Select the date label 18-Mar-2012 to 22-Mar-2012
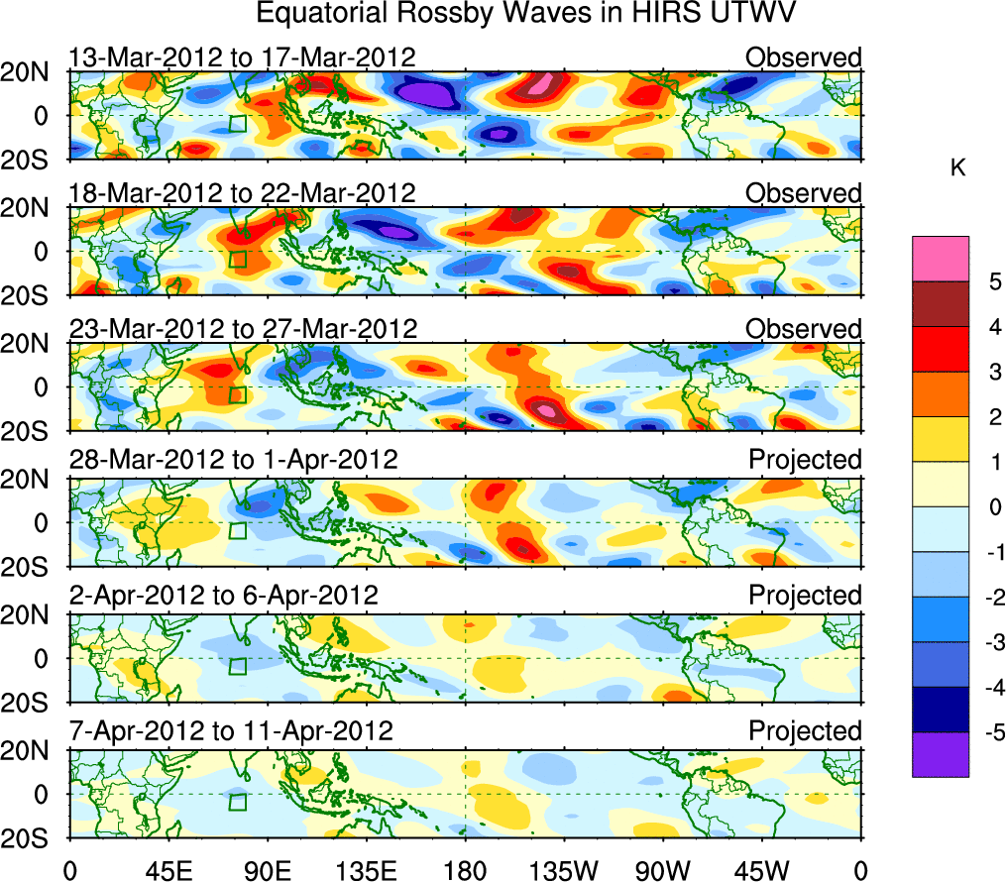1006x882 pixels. click(x=242, y=192)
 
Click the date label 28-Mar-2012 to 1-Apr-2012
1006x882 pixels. click(x=233, y=460)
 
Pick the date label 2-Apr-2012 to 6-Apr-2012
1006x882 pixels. click(x=223, y=596)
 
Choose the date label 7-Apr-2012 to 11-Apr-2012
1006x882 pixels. click(x=231, y=731)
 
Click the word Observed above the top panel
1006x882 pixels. click(x=804, y=57)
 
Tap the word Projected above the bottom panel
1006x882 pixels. click(x=805, y=731)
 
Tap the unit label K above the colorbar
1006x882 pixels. click(x=958, y=169)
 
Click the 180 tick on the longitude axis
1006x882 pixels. click(x=464, y=869)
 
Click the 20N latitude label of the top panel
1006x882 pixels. click(x=33, y=72)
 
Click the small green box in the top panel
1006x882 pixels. click(x=237, y=123)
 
